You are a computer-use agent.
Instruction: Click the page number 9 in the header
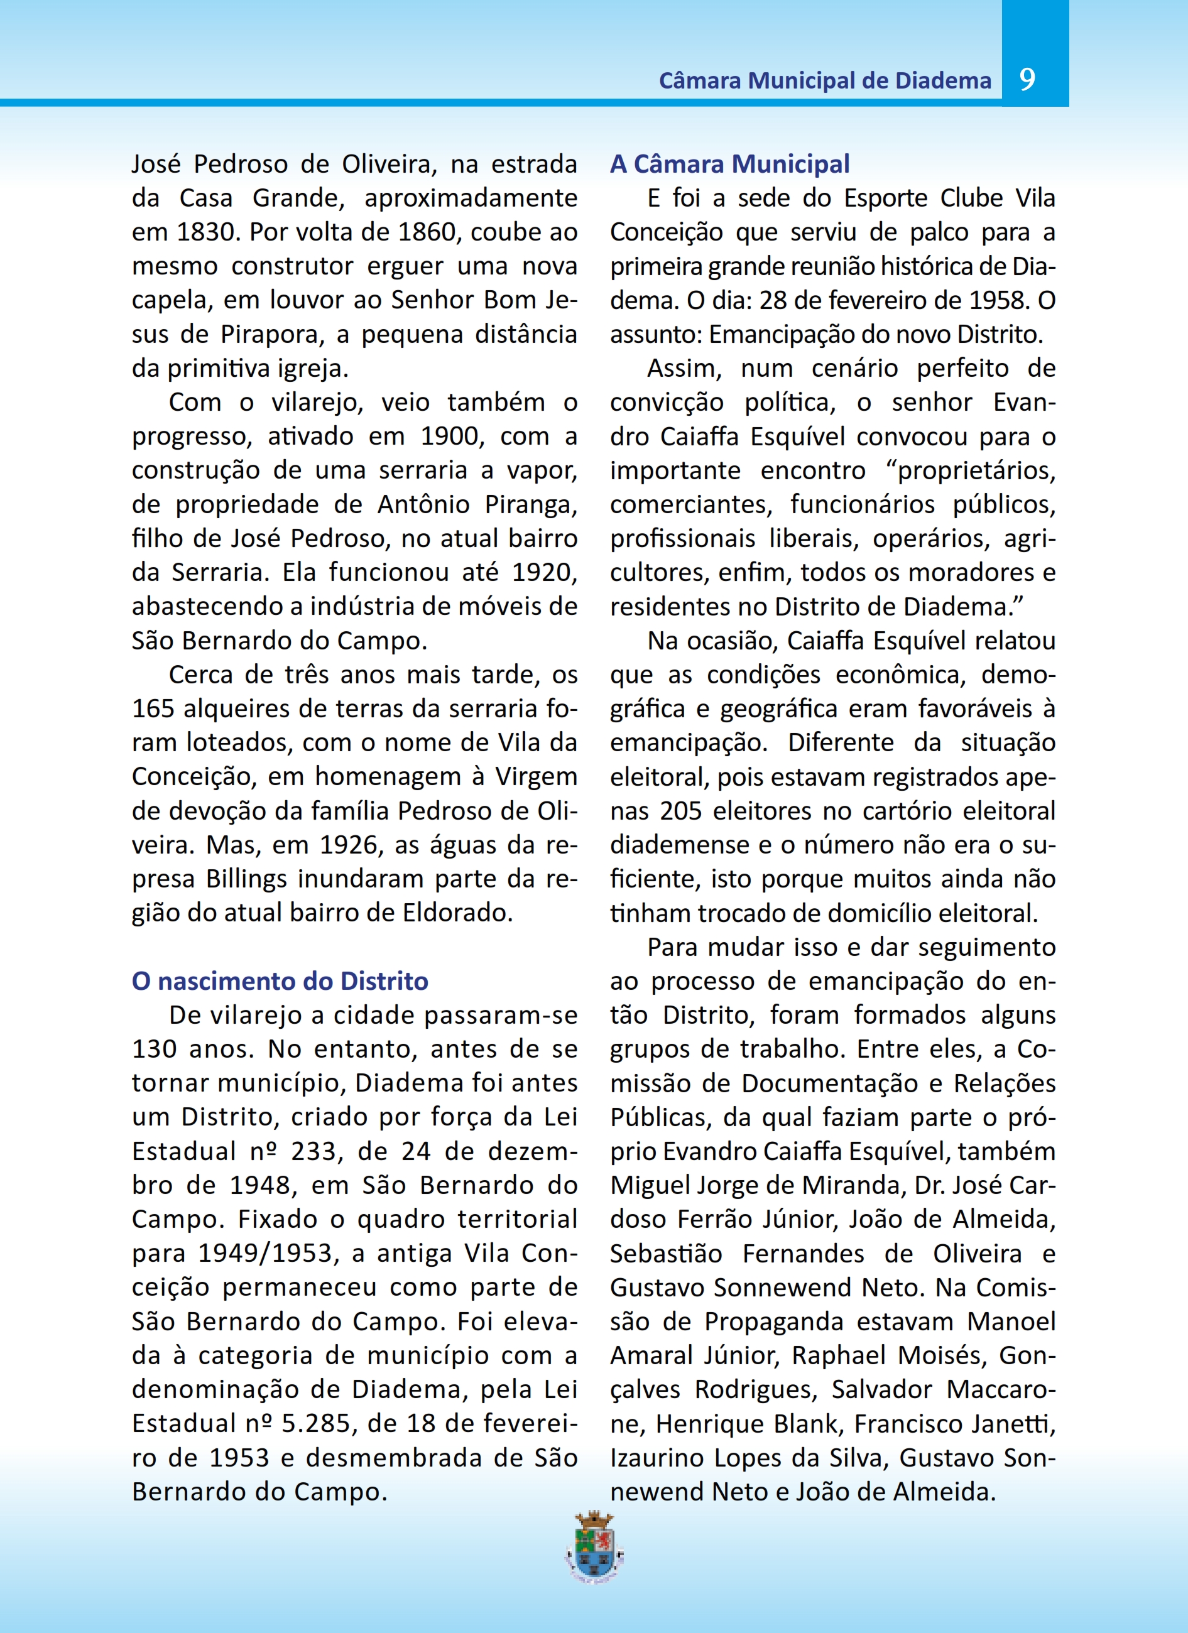[x=1027, y=79]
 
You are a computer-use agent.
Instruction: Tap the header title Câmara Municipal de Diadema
[x=824, y=80]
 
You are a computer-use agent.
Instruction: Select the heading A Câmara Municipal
[x=729, y=164]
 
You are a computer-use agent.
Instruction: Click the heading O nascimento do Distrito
[x=280, y=980]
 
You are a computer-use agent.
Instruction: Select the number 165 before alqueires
[x=153, y=708]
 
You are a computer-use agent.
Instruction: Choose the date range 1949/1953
[x=265, y=1254]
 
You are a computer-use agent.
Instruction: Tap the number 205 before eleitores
[x=680, y=811]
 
